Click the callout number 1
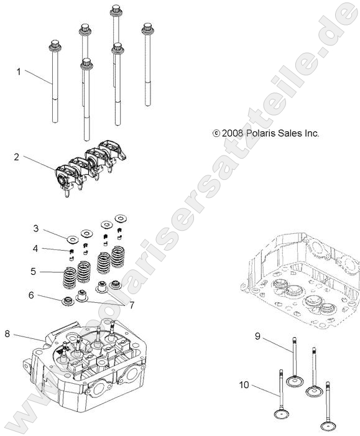[x=19, y=72]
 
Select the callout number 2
[x=17, y=157]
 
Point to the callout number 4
[x=36, y=249]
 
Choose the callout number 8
[x=7, y=334]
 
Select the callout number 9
[x=256, y=336]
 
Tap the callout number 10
[x=244, y=385]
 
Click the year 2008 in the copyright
[x=233, y=133]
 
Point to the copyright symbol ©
[x=216, y=133]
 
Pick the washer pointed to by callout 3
[x=72, y=238]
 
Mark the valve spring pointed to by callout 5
[x=69, y=277]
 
